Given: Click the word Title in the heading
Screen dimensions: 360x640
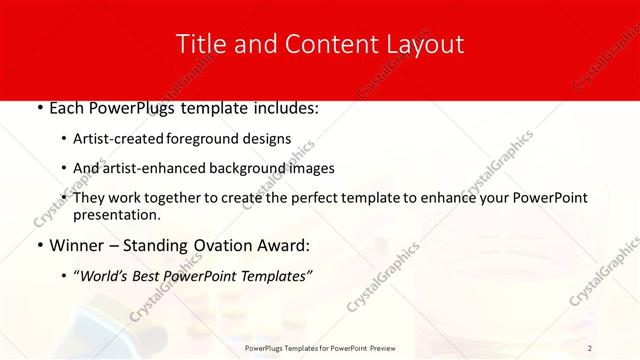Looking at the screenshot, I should coord(200,44).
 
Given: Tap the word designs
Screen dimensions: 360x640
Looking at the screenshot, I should coord(275,139).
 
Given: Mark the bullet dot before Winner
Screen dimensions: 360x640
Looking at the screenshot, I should coord(38,246).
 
